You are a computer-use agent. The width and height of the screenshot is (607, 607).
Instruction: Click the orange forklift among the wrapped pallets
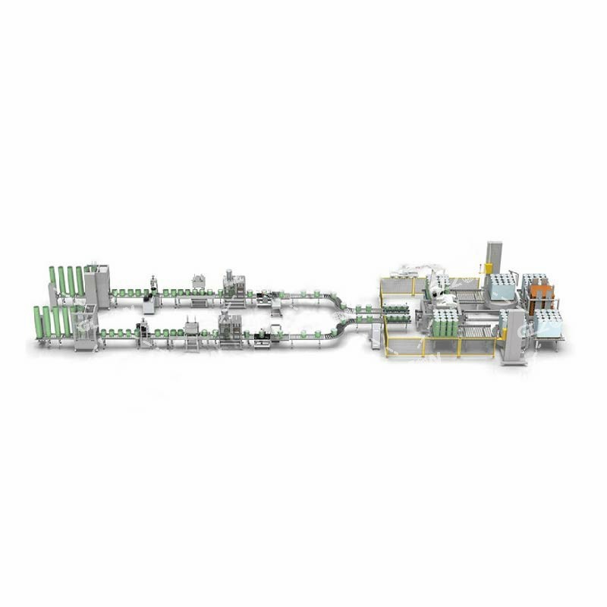pos(540,297)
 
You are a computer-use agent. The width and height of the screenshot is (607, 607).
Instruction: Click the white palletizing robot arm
pos(439,285)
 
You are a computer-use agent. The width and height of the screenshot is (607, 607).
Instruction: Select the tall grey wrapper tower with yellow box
pos(494,263)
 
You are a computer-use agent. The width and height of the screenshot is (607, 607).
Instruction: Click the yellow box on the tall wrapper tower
pos(489,268)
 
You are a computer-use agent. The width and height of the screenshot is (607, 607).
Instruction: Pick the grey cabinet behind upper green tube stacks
pos(97,285)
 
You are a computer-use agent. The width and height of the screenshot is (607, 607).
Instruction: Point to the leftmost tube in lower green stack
pos(36,322)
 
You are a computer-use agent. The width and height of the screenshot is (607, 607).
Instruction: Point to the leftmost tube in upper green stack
pos(52,281)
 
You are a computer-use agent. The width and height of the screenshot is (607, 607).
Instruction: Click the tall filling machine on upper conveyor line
pos(229,285)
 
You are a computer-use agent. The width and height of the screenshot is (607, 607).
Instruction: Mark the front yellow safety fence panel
pos(440,347)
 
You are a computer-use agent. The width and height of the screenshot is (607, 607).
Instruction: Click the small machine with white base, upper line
pos(149,301)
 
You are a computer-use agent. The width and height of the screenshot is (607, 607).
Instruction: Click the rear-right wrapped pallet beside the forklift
pos(536,283)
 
